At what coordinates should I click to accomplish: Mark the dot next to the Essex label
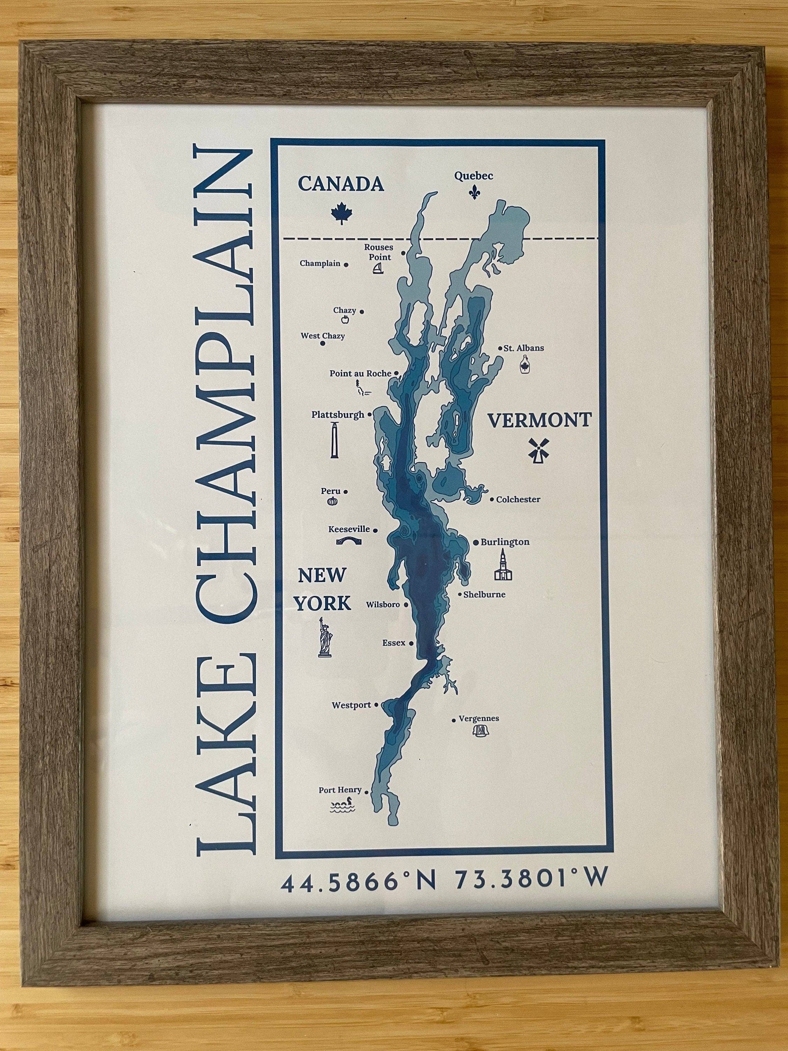tap(412, 643)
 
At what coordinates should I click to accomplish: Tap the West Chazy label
tap(323, 336)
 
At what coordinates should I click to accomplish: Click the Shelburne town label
tap(484, 594)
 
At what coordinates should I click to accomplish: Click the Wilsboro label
tap(383, 605)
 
